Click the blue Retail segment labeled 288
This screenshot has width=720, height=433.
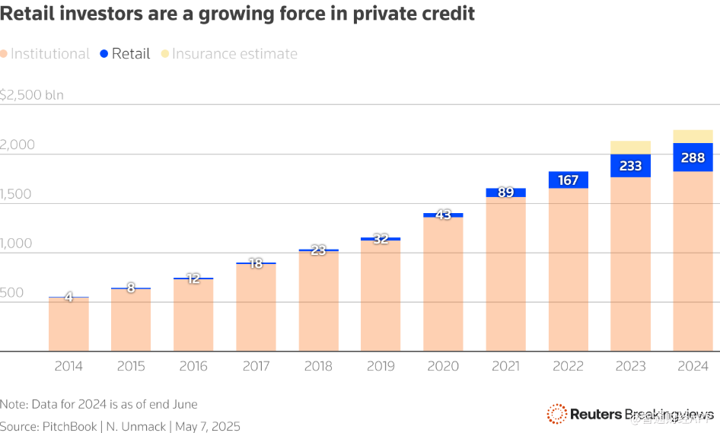pyautogui.click(x=693, y=158)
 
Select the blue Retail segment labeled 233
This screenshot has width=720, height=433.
pyautogui.click(x=630, y=166)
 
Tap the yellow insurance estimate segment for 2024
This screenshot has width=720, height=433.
pyautogui.click(x=693, y=136)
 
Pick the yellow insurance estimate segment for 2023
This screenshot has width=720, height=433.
pyautogui.click(x=630, y=148)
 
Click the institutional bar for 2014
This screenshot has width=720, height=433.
pyautogui.click(x=68, y=326)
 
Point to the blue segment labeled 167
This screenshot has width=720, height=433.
pyautogui.click(x=568, y=180)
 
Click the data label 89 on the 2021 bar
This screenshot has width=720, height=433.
pyautogui.click(x=505, y=193)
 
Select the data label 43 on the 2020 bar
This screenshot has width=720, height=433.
pyautogui.click(x=443, y=215)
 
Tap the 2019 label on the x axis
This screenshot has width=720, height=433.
pyautogui.click(x=381, y=366)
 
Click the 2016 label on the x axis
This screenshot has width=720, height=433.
pyautogui.click(x=193, y=366)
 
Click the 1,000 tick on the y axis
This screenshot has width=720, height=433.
pyautogui.click(x=18, y=244)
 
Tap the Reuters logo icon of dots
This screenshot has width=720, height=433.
pyautogui.click(x=556, y=414)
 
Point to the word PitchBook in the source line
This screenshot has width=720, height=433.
pyautogui.click(x=71, y=426)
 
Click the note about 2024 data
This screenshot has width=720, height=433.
pyautogui.click(x=99, y=404)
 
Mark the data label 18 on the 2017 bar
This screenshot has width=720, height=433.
pyautogui.click(x=256, y=263)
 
